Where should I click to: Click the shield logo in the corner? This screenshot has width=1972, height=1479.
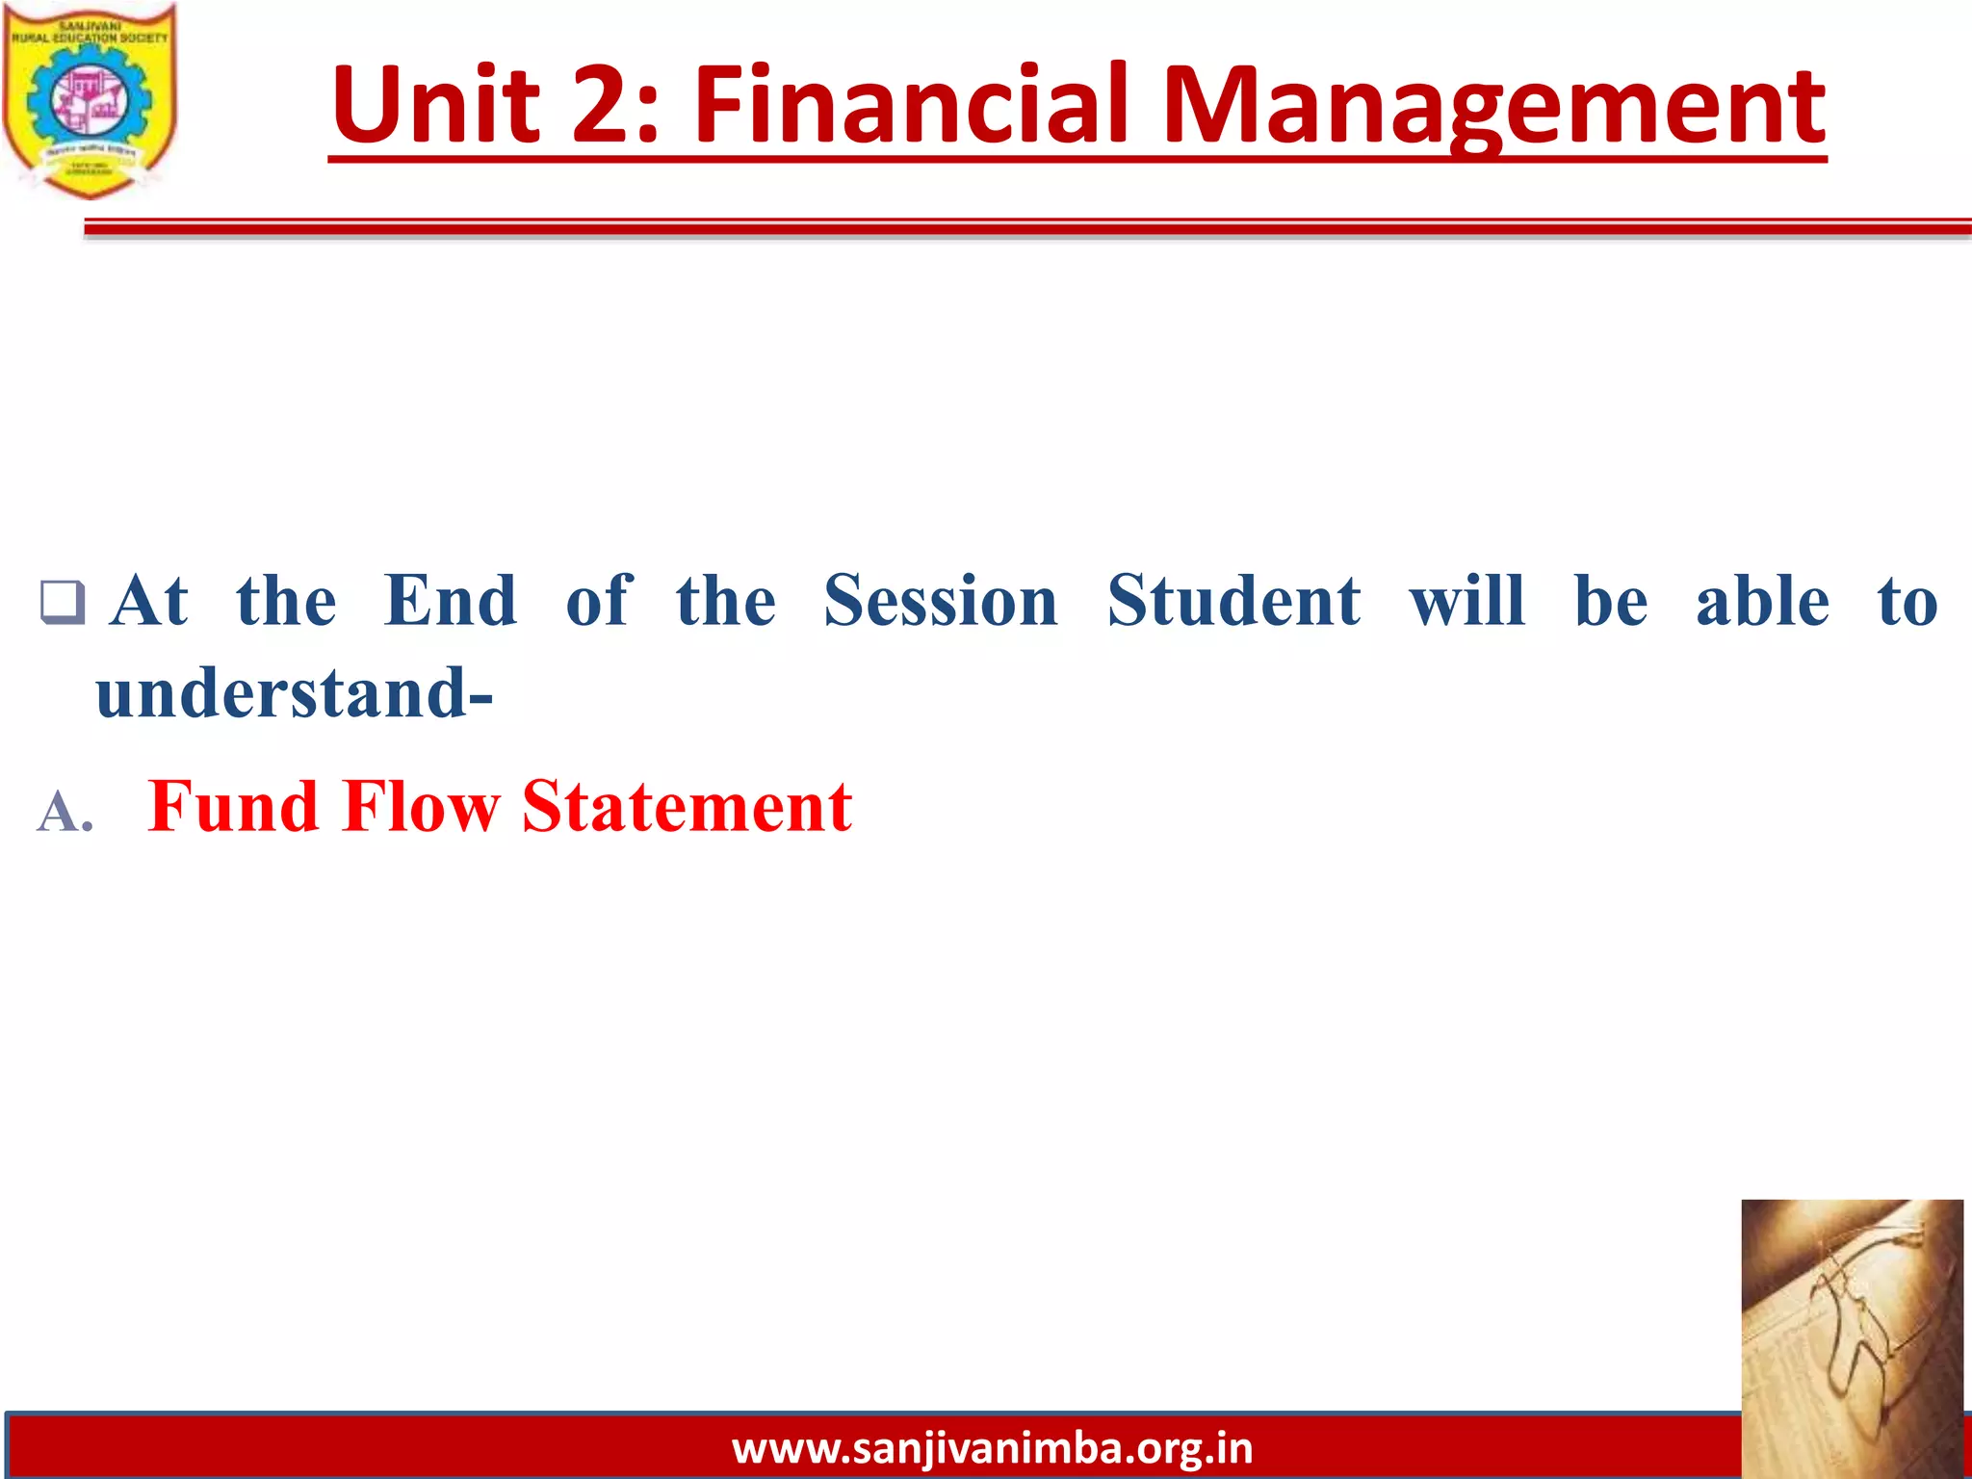[90, 99]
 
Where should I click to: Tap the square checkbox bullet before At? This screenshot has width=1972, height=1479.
[63, 603]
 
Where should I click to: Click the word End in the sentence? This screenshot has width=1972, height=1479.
[450, 602]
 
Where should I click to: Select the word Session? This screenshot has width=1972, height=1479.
[941, 602]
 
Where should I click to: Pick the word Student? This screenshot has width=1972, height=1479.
[1234, 602]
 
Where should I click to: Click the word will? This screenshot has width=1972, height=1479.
[1467, 602]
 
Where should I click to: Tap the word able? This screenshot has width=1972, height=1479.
[1762, 602]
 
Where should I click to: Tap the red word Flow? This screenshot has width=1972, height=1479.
[421, 806]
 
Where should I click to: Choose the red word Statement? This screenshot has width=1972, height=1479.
[687, 806]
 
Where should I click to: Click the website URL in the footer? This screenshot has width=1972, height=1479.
[992, 1448]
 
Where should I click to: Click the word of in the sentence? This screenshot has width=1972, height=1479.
[598, 602]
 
